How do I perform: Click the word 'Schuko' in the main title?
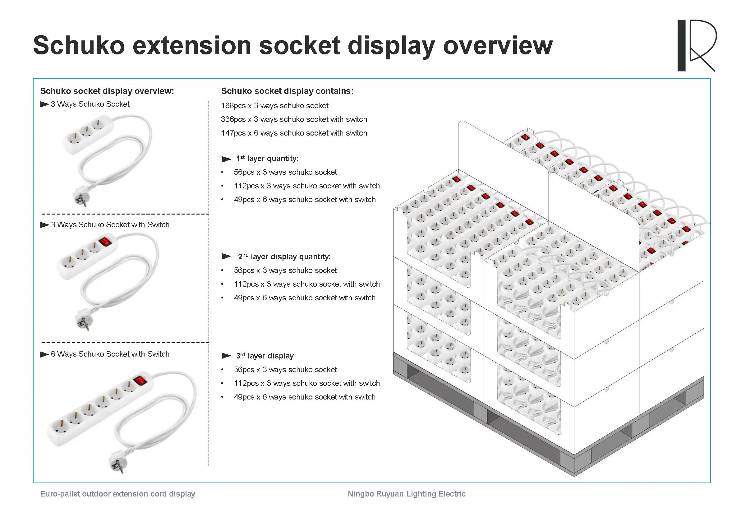point(79,46)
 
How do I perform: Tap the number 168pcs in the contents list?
point(233,106)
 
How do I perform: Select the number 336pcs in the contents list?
point(233,120)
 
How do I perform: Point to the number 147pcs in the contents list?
point(233,133)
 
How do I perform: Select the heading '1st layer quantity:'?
point(267,159)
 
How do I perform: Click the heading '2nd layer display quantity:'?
point(284,257)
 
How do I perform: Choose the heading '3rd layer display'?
point(265,356)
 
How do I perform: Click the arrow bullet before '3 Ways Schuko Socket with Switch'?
point(44,225)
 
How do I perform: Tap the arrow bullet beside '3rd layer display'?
point(226,356)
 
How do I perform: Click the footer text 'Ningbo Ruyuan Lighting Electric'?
point(407,494)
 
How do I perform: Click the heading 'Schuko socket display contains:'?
point(287,91)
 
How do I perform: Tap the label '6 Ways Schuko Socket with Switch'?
point(110,354)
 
